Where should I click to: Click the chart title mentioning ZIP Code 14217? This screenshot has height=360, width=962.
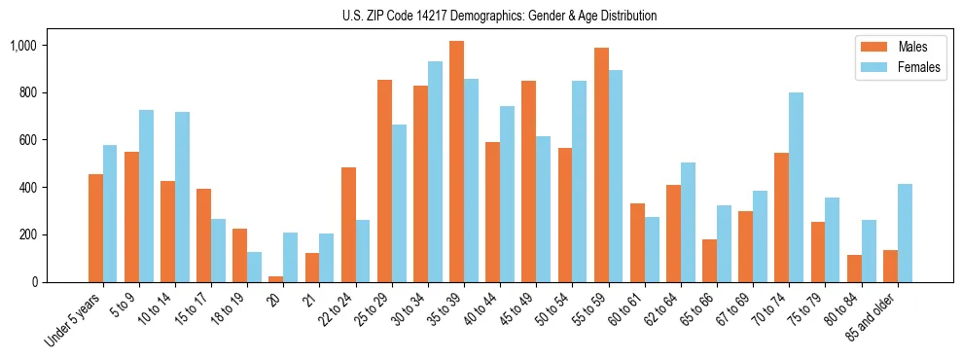point(500,16)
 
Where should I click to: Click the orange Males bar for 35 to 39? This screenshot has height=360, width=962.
point(456,162)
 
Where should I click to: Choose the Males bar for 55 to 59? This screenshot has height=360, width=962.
point(601,164)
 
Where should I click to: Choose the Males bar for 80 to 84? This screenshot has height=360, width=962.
point(855,269)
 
